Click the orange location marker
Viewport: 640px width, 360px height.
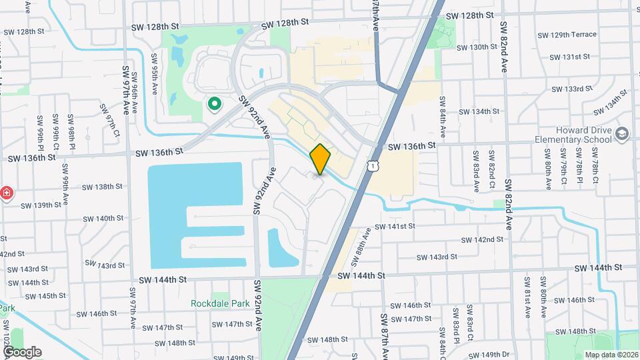point(321,159)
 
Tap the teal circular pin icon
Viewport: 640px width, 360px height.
point(215,103)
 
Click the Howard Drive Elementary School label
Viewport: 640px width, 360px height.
point(573,135)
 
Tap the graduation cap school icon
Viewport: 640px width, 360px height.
point(622,135)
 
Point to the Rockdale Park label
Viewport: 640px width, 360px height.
point(219,303)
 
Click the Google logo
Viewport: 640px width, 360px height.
point(22,351)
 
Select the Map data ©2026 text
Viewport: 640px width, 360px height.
point(610,354)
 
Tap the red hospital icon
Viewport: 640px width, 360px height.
point(6,193)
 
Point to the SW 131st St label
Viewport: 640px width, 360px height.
point(571,57)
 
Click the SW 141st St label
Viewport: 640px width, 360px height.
point(395,227)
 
